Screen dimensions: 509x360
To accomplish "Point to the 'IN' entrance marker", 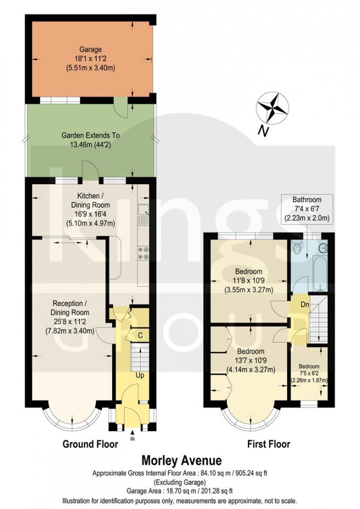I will coord(132,439).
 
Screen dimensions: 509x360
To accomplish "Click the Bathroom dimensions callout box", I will coord(307,209).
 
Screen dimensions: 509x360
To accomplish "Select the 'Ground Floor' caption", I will coord(90,444).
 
